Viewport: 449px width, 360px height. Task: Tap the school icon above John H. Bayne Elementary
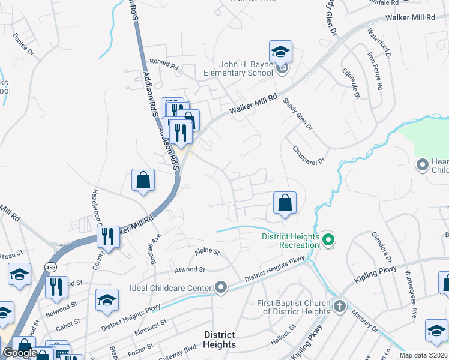click(280, 52)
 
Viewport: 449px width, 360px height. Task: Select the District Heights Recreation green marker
click(328, 241)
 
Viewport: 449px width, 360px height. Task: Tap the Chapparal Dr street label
click(309, 155)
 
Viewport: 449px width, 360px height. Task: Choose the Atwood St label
click(190, 270)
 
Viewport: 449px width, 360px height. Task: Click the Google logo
click(20, 353)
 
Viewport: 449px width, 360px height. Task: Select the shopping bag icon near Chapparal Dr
click(285, 203)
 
